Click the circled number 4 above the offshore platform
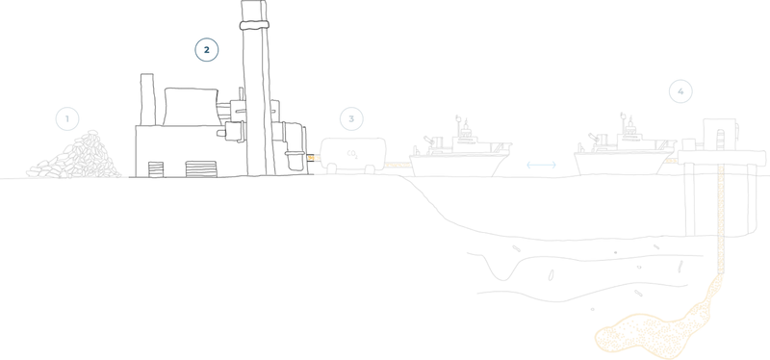tap(681, 92)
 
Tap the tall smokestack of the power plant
tap(255, 87)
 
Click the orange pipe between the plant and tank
tap(312, 153)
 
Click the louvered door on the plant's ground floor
tap(197, 169)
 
